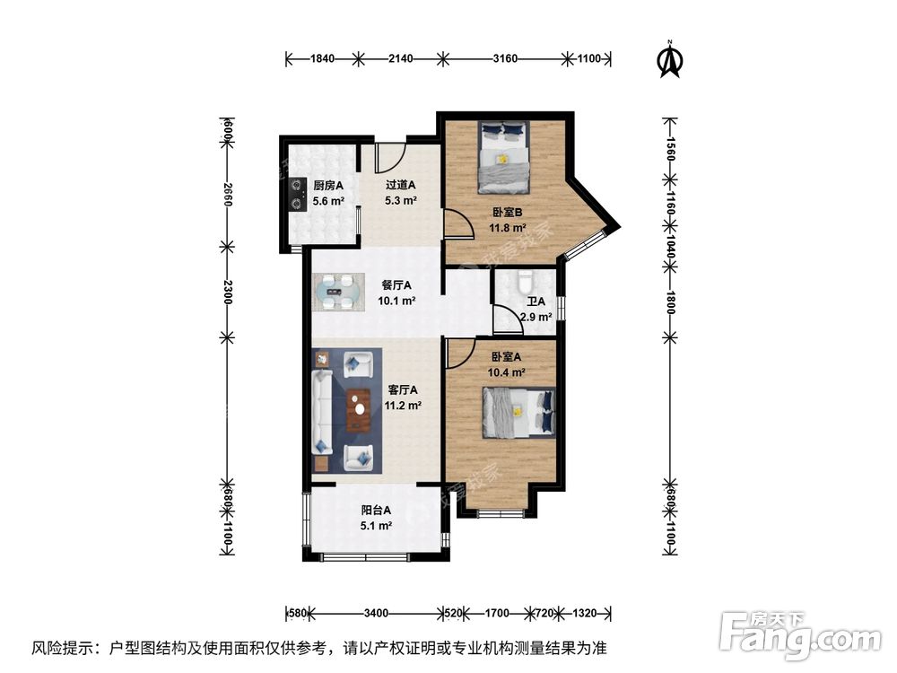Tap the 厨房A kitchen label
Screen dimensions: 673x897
327,193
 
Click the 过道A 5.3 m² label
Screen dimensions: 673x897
400,193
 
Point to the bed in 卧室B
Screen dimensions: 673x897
503,158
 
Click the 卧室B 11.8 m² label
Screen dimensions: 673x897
508,221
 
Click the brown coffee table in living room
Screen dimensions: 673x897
359,410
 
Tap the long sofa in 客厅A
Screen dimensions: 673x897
322,412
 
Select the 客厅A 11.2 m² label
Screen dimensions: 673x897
402,398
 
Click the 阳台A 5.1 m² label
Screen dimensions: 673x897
376,518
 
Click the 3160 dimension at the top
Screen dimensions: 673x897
506,59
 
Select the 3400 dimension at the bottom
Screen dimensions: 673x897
376,614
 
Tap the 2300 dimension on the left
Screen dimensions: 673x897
228,292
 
